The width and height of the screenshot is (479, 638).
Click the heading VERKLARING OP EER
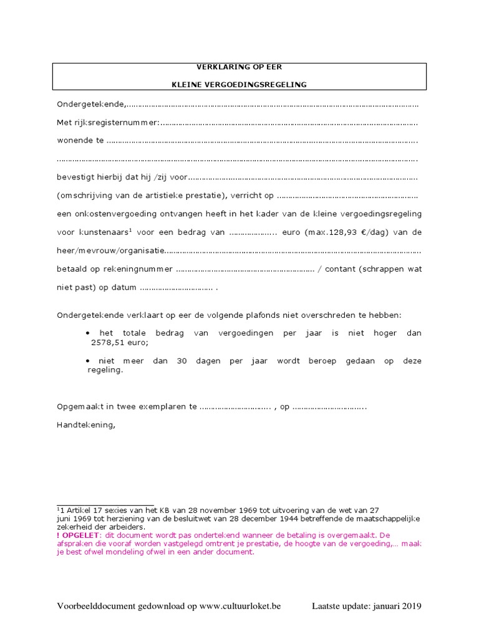point(239,67)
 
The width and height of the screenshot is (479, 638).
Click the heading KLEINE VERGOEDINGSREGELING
point(239,85)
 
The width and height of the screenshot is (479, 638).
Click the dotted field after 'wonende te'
point(262,141)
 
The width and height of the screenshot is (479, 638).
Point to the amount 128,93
point(354,232)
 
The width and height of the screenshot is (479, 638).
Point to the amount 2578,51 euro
point(117,342)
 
